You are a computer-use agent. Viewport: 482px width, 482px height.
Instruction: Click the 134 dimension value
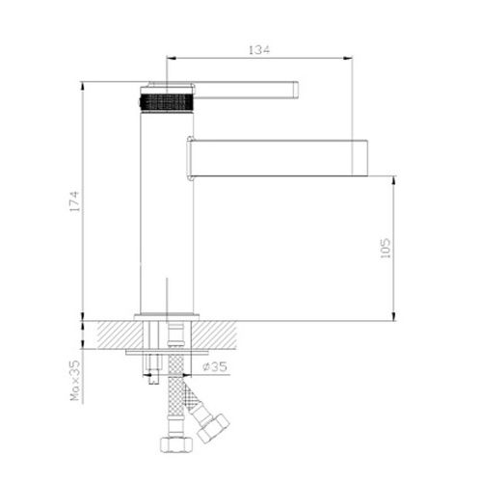tap(259, 49)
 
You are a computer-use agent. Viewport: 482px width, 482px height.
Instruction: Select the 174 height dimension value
tap(74, 201)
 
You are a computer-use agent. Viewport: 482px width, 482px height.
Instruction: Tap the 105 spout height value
tap(386, 249)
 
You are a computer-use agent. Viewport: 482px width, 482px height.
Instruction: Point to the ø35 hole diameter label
tap(215, 366)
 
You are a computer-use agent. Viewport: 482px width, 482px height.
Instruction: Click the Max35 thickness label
tap(75, 381)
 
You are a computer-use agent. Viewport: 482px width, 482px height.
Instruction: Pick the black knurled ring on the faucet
tap(167, 102)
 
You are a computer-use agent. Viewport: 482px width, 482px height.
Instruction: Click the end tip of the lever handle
tap(297, 90)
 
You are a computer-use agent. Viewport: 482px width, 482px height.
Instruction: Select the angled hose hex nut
tap(213, 428)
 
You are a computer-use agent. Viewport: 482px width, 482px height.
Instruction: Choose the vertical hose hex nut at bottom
tap(176, 444)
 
